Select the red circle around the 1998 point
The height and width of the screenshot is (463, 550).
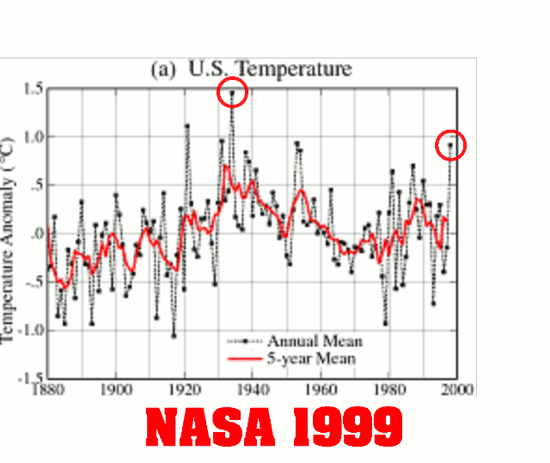449,144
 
